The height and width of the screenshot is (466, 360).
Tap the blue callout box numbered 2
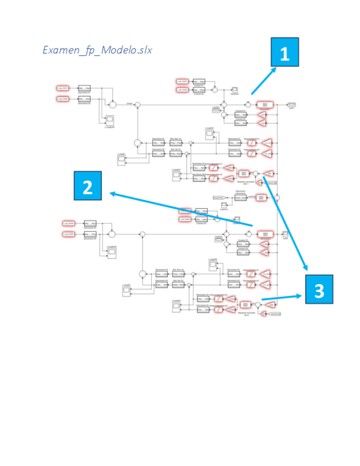[87, 186]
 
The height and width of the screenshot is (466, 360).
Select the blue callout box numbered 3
[319, 289]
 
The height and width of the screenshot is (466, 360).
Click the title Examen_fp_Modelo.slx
[97, 50]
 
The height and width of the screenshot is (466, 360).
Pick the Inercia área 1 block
[264, 104]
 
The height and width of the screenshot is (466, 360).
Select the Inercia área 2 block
[264, 234]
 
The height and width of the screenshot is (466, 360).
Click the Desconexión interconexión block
[240, 197]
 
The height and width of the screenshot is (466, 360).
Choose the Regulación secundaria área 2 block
[246, 304]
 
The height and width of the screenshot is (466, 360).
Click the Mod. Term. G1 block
[176, 143]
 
